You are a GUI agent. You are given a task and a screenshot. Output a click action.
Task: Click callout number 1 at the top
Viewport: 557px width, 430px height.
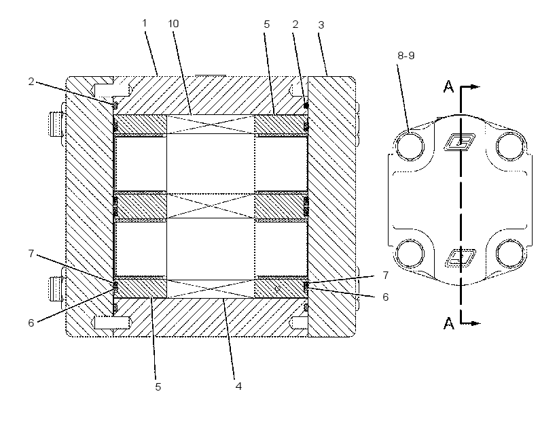pos(144,23)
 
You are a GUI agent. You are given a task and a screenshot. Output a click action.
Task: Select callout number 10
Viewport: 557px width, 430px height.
pos(173,24)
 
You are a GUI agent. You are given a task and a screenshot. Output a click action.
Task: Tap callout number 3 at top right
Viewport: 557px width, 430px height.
pos(321,25)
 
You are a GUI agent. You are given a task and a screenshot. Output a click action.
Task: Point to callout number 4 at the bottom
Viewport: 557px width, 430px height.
pos(238,386)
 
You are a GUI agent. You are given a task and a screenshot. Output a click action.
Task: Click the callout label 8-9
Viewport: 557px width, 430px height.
pos(406,56)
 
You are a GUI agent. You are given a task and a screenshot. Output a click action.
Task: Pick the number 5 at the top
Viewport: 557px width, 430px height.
pos(267,24)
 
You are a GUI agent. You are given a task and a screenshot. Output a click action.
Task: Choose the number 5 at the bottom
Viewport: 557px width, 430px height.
pos(158,387)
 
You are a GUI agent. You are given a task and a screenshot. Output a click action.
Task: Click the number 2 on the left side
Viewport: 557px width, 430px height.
pos(31,82)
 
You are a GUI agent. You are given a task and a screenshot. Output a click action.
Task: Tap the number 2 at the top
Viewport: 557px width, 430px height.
pos(295,24)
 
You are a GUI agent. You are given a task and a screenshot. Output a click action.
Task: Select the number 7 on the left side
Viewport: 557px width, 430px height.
pos(31,254)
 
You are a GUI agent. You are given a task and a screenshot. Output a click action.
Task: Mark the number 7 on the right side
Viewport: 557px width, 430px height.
pos(385,276)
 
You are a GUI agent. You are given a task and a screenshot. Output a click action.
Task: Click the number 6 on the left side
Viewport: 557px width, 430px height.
pos(31,322)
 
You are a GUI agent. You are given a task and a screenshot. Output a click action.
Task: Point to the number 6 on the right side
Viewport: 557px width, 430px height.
pos(385,297)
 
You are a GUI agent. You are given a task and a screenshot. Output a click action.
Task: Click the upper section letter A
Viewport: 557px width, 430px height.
pos(449,86)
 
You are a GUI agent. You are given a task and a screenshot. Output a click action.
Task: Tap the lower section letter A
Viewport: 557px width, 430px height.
pos(449,323)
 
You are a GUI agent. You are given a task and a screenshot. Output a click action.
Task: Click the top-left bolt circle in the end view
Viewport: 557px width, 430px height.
pos(410,146)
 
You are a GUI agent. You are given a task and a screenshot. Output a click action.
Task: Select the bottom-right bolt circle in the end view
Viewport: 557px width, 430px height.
pos(510,254)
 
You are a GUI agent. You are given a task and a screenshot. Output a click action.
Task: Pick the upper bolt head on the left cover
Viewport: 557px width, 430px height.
pos(56,124)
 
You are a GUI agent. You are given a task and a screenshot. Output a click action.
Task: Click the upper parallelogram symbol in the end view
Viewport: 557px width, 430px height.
pos(460,142)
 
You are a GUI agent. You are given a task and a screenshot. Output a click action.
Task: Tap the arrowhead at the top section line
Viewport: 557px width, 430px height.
pos(476,87)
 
